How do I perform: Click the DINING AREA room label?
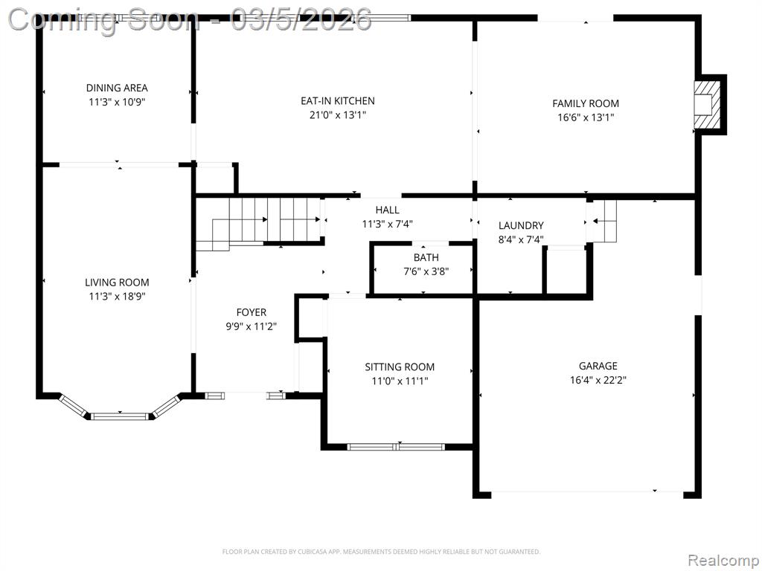point(117,88)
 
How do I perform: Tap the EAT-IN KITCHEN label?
point(338,101)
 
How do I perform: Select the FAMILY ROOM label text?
point(586,103)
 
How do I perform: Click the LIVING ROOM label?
point(117,283)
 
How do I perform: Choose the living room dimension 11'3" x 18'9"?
point(117,296)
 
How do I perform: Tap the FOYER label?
point(252,313)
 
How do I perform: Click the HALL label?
point(387,210)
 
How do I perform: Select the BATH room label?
point(426,258)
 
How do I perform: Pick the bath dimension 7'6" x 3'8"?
point(426,271)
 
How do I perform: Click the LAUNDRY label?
point(521,226)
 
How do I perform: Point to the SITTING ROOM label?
point(400,367)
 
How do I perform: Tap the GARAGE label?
point(598,366)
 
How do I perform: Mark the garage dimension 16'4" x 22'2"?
point(598,380)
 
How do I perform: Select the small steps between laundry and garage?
point(602,221)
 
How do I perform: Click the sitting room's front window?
point(396,447)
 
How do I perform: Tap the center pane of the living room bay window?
point(120,416)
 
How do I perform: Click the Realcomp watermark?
point(723,561)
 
